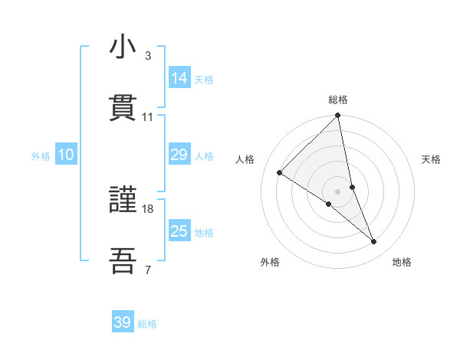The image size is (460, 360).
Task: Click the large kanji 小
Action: tap(123, 47)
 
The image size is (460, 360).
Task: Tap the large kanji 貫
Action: tap(123, 108)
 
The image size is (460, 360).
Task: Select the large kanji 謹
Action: tap(123, 201)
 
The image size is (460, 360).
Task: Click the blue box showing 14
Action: tap(179, 78)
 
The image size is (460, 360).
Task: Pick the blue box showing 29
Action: tap(179, 155)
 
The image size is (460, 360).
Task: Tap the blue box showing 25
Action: tap(179, 231)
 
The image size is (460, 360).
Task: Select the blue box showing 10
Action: tap(65, 155)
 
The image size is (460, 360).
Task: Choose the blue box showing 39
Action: tap(123, 322)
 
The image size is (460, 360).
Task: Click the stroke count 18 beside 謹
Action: tap(148, 208)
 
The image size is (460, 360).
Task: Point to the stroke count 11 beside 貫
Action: tap(148, 116)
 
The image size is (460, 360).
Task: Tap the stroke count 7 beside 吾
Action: tap(148, 269)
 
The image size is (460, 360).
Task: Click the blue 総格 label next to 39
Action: tap(147, 324)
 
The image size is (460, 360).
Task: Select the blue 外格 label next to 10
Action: tap(41, 156)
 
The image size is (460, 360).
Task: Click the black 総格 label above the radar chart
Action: tap(338, 100)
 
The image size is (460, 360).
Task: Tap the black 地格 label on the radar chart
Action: tap(402, 262)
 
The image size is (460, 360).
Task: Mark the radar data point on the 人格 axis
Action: tap(279, 173)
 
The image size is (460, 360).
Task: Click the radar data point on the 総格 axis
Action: tap(338, 116)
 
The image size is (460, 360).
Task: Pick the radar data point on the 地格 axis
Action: tap(374, 242)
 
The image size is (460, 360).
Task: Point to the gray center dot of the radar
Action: tap(338, 191)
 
